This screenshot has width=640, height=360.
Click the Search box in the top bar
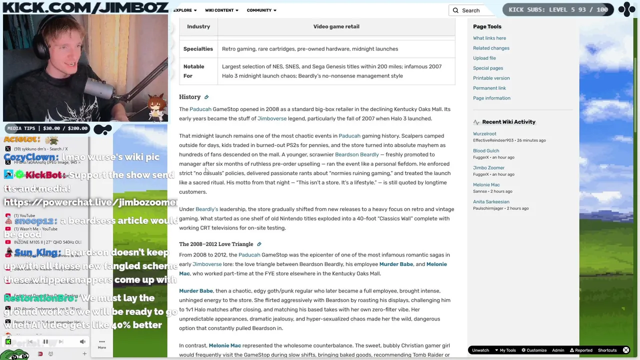click(472, 10)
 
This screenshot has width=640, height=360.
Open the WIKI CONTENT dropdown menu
click(221, 10)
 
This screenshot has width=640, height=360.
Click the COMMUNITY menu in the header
click(261, 10)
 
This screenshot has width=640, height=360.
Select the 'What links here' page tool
click(489, 38)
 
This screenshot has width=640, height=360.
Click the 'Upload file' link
click(484, 58)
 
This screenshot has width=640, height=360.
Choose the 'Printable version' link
click(491, 78)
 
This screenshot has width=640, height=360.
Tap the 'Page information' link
click(491, 98)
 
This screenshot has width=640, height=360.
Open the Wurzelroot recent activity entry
click(484, 134)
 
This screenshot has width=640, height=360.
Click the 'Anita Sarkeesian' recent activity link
click(491, 202)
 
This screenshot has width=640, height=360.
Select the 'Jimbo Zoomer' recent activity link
click(488, 168)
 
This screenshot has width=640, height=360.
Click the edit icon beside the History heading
click(206, 97)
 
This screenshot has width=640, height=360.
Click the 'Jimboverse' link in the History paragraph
click(272, 118)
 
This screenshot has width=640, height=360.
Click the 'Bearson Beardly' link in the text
click(356, 154)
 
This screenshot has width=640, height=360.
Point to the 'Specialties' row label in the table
click(198, 49)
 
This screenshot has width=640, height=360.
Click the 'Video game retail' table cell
click(336, 26)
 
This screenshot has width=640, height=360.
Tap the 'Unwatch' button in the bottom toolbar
click(480, 350)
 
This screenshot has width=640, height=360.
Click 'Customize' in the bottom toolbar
click(536, 350)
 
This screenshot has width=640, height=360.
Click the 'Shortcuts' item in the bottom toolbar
click(607, 350)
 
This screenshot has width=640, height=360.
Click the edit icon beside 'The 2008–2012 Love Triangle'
click(259, 244)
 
